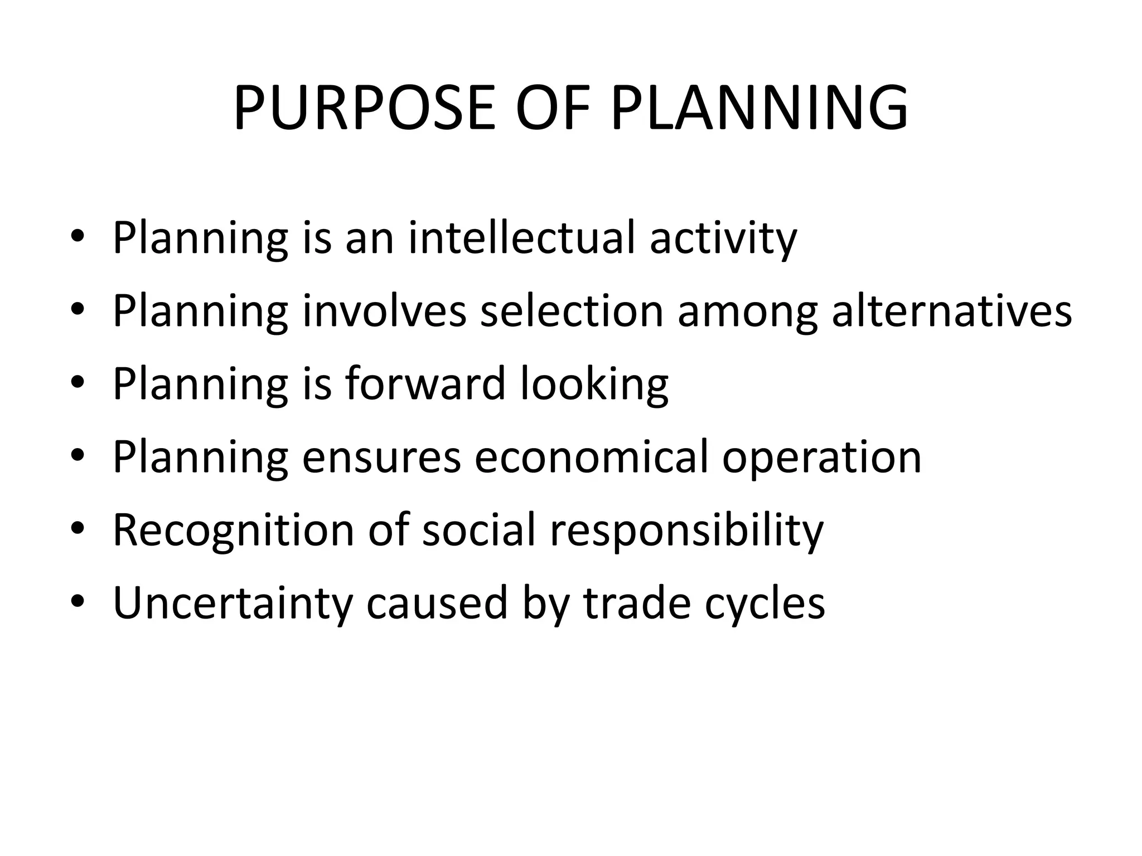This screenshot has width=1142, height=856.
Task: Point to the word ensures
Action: coord(381,457)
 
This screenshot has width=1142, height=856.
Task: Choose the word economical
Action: coord(591,457)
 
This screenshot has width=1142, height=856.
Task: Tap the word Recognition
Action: coord(233,531)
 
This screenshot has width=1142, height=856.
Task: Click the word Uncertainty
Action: coord(233,604)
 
